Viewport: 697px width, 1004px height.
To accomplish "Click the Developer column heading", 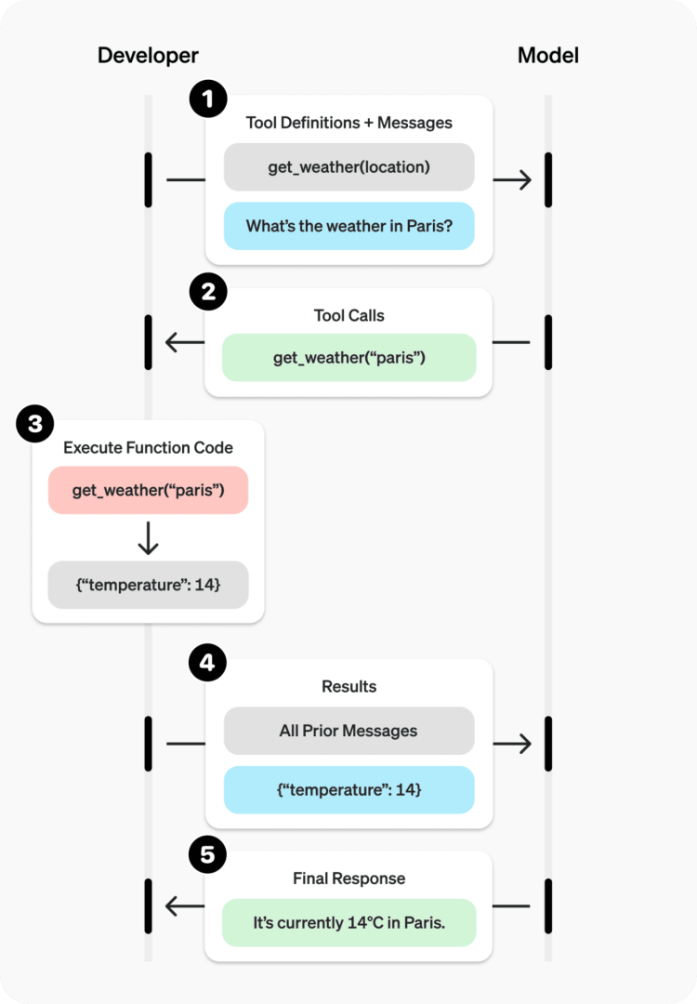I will pos(148,56).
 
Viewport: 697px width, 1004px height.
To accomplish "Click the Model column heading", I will pos(547,56).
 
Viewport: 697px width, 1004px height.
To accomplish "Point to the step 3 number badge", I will pos(34,426).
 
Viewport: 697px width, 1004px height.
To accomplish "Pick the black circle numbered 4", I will pos(207,664).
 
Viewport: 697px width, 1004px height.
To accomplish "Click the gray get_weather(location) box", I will pos(348,167).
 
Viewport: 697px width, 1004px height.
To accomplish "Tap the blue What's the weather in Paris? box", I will pos(348,226).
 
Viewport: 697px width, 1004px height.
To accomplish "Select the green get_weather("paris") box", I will pos(348,358).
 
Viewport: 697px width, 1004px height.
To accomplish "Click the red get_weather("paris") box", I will pos(148,490).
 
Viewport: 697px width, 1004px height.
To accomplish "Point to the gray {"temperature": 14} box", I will pos(148,585).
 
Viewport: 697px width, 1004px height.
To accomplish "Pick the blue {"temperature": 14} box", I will pos(348,789).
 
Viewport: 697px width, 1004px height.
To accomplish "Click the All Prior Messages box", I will pos(348,731).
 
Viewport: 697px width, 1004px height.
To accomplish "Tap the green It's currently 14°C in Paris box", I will pos(348,923).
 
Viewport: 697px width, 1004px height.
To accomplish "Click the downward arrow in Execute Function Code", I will pos(148,538).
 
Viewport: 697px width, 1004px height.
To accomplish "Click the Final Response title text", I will pos(348,878).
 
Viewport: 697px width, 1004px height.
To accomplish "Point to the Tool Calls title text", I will pos(348,315).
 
